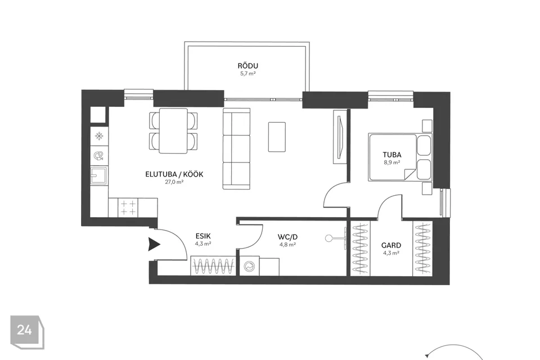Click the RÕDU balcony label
[247, 65]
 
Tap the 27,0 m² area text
[174, 182]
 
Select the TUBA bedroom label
[392, 155]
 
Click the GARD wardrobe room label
[391, 245]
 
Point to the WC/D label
[287, 237]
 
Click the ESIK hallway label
[203, 236]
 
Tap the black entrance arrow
[154, 244]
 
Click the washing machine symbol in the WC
[249, 266]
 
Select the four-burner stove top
[128, 208]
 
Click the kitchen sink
[99, 175]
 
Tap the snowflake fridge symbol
[99, 136]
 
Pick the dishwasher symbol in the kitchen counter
[99, 156]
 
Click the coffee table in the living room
[277, 137]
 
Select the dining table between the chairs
[173, 131]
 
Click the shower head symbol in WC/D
[336, 238]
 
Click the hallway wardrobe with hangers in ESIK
[213, 266]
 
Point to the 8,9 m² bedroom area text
[392, 162]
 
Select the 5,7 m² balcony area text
[247, 73]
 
